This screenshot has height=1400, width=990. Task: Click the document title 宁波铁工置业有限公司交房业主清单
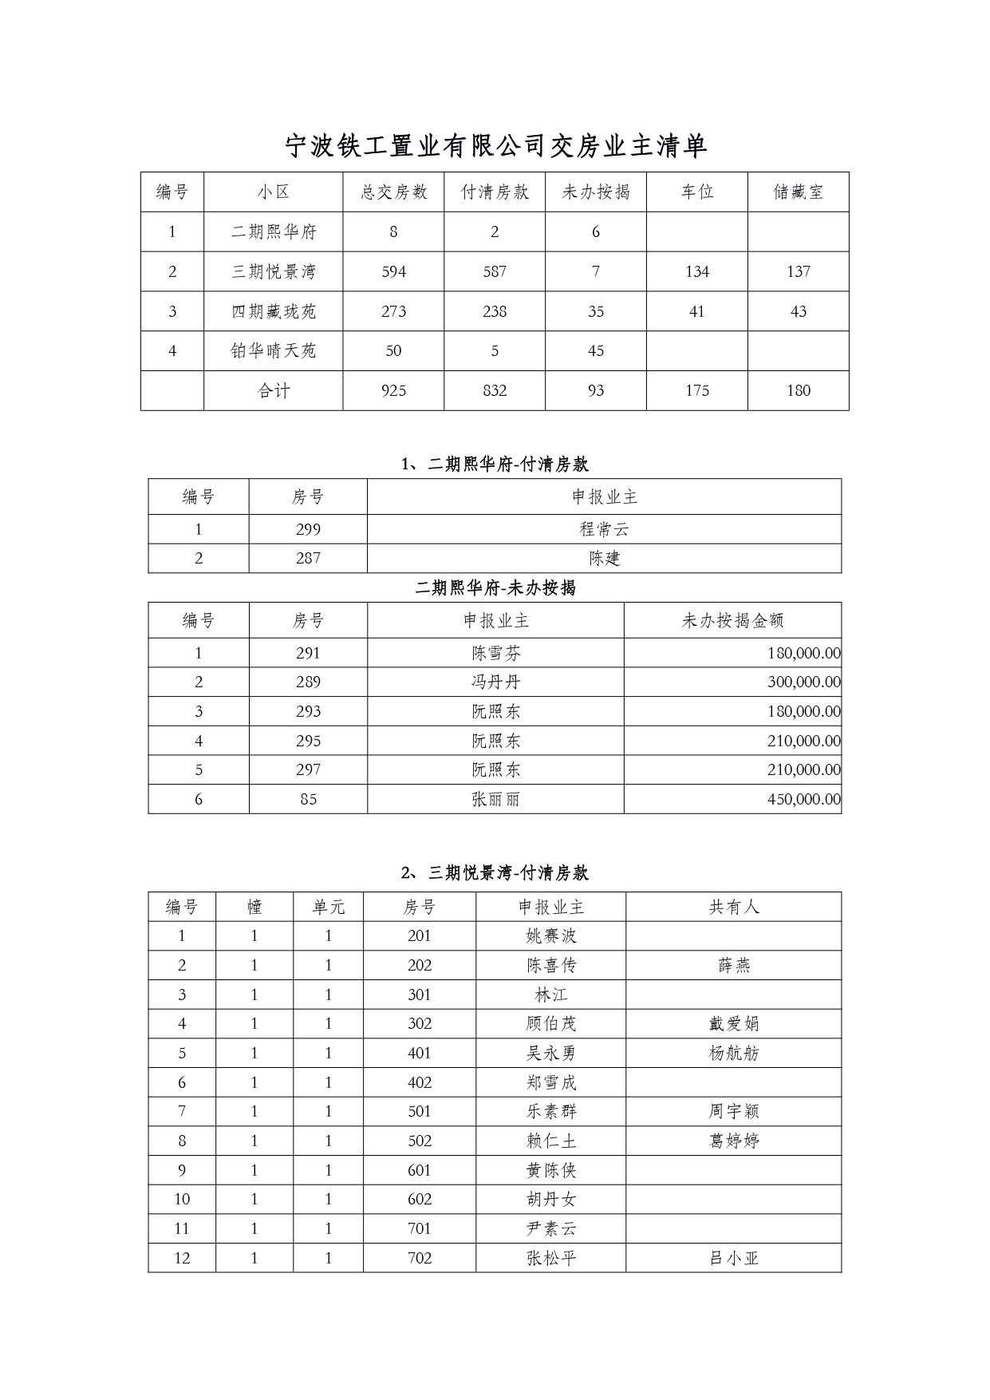click(495, 146)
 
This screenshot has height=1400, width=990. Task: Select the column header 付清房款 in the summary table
click(495, 192)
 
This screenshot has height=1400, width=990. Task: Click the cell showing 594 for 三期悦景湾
click(393, 271)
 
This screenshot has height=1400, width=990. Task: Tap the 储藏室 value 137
click(798, 271)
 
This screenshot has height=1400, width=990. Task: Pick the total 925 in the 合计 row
click(393, 390)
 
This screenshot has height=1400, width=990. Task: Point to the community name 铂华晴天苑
click(274, 350)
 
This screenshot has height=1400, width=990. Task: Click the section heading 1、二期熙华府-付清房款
click(495, 465)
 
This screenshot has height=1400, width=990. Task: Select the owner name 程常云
click(604, 529)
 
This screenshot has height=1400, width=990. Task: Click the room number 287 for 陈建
click(308, 559)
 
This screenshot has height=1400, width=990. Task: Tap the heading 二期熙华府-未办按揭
click(495, 588)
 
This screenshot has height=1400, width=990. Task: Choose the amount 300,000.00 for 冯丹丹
click(803, 682)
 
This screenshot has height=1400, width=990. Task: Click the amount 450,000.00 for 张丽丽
click(803, 799)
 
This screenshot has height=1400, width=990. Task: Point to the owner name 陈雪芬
click(495, 653)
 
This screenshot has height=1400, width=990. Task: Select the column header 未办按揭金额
click(732, 620)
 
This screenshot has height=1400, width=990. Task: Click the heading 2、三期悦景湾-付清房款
click(495, 873)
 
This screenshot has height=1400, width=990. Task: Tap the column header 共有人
click(733, 907)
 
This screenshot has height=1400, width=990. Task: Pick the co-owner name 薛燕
click(733, 966)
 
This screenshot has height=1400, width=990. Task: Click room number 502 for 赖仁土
click(420, 1141)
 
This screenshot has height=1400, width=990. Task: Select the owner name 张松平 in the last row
click(550, 1258)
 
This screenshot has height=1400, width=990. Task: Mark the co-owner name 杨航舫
click(733, 1053)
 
